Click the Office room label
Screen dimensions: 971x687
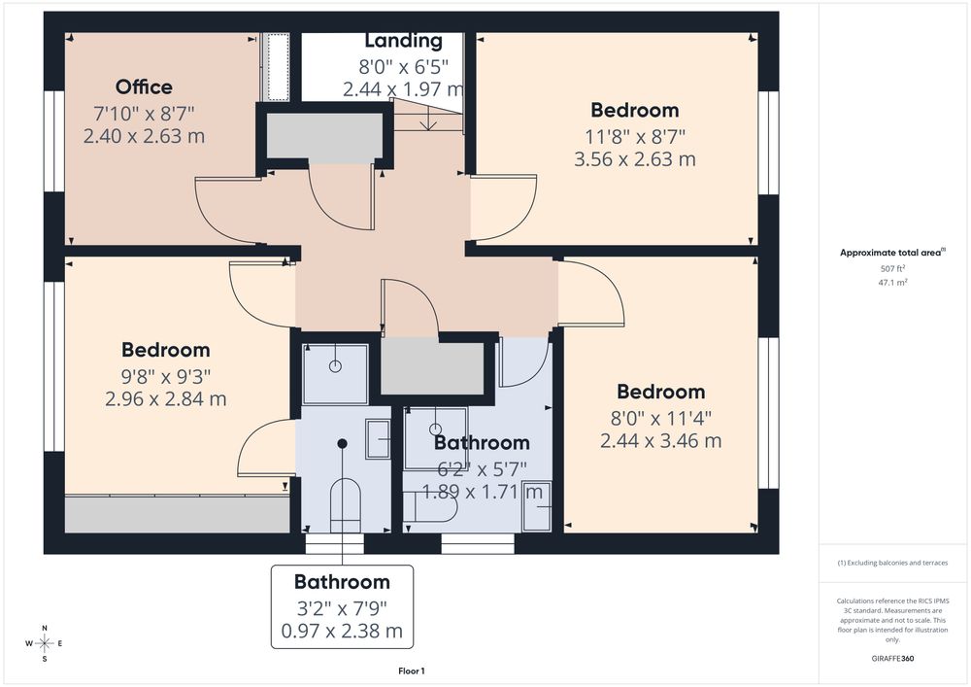(x=144, y=86)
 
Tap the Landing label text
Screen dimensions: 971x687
(x=403, y=41)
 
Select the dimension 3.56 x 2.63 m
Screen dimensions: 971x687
(x=635, y=159)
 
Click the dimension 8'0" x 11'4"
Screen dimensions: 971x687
(x=660, y=418)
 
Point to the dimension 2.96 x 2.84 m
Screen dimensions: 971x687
(x=165, y=399)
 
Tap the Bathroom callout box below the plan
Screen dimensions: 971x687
(x=342, y=607)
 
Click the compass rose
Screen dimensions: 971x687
(x=44, y=643)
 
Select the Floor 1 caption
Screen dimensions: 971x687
(x=411, y=670)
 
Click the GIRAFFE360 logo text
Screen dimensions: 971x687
(x=892, y=659)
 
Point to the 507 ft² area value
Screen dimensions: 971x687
(x=892, y=269)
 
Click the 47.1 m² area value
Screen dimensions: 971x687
(x=892, y=283)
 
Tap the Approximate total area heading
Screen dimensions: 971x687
(x=892, y=252)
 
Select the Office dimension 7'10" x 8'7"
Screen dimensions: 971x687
(x=144, y=114)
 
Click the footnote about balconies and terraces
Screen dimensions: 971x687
(x=892, y=563)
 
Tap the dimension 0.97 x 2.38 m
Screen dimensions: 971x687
(x=342, y=632)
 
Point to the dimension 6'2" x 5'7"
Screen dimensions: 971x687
(x=482, y=469)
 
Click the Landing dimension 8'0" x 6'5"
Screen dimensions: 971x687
(x=403, y=66)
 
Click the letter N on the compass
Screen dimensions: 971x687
(x=45, y=628)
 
